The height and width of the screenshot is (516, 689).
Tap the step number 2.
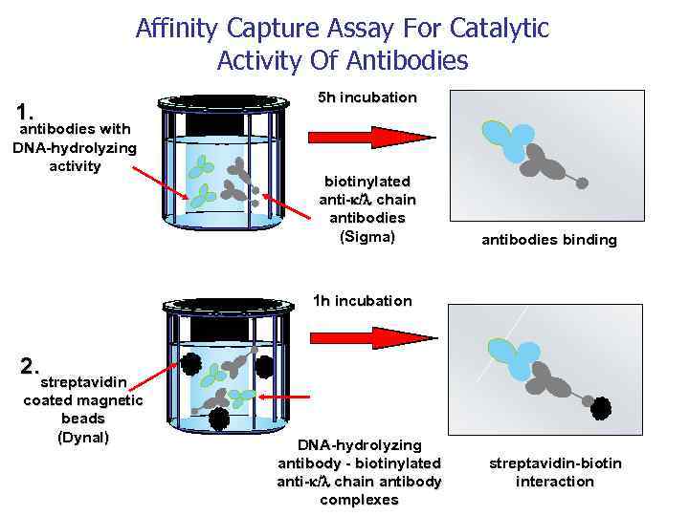pyautogui.click(x=31, y=364)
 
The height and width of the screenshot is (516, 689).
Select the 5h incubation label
pyautogui.click(x=367, y=97)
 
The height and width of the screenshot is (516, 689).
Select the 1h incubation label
pyautogui.click(x=363, y=301)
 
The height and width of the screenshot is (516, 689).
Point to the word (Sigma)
pyautogui.click(x=367, y=236)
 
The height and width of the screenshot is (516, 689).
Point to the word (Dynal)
pyautogui.click(x=83, y=437)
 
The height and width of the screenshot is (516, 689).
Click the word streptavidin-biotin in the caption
pyautogui.click(x=555, y=463)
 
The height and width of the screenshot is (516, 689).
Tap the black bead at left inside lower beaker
pyautogui.click(x=190, y=364)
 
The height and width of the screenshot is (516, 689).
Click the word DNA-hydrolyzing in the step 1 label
pyautogui.click(x=75, y=148)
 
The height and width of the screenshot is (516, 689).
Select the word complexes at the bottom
pyautogui.click(x=359, y=500)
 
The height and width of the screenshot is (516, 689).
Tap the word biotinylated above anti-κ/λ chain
pyautogui.click(x=367, y=182)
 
